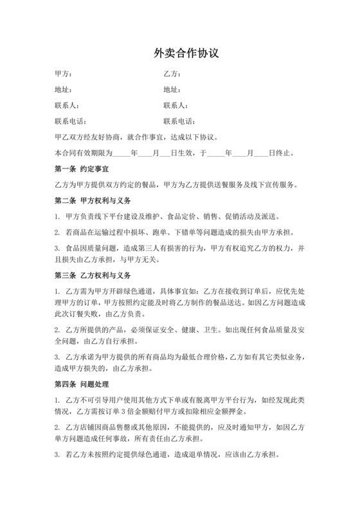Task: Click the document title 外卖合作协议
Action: [179, 53]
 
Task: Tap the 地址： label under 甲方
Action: [63, 89]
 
